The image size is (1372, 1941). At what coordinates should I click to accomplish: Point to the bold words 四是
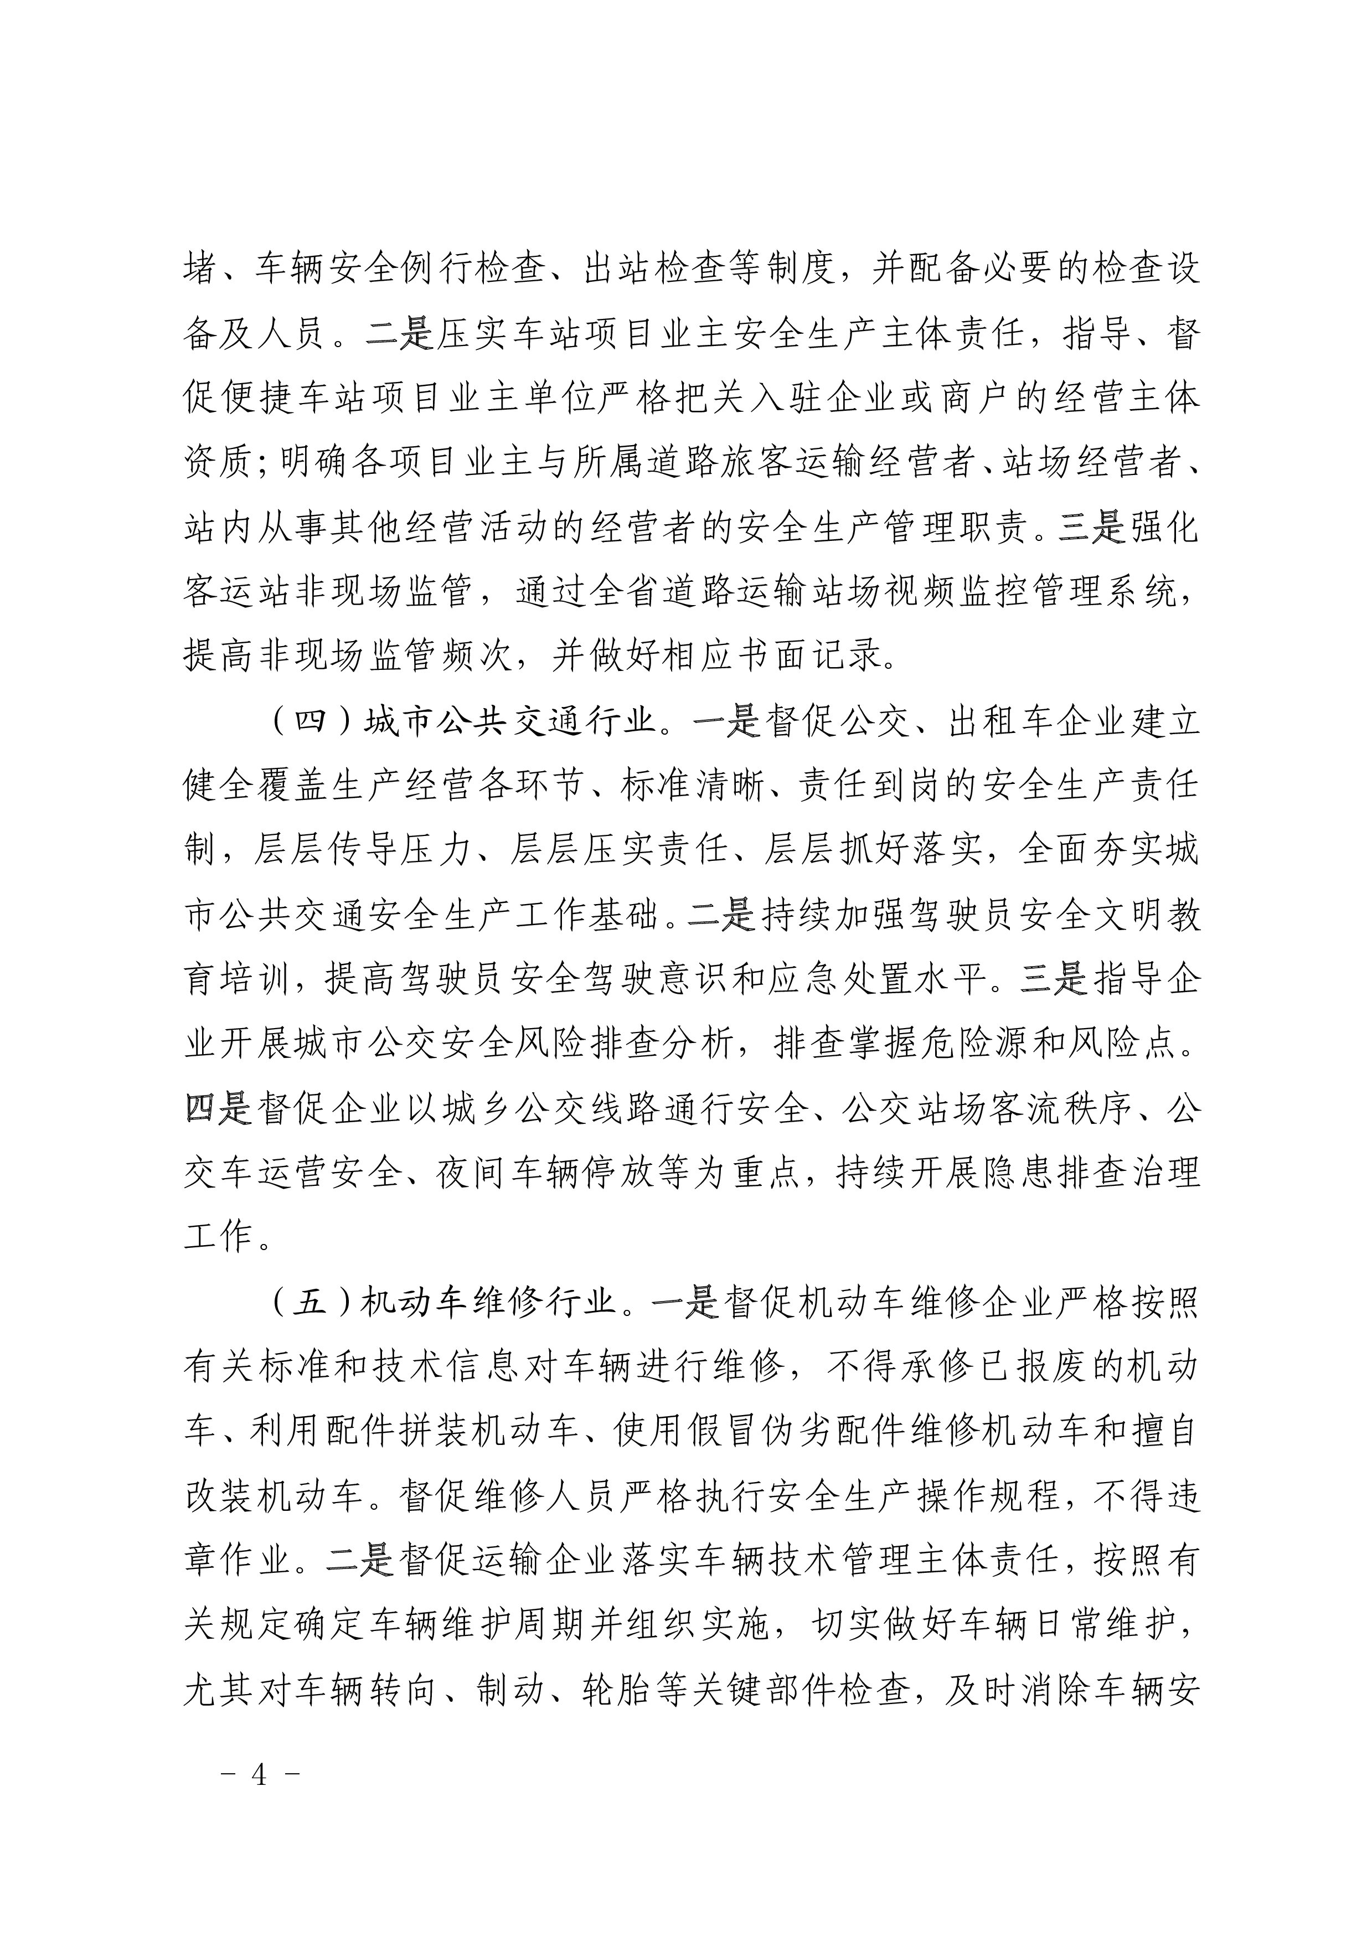pos(218,1108)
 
